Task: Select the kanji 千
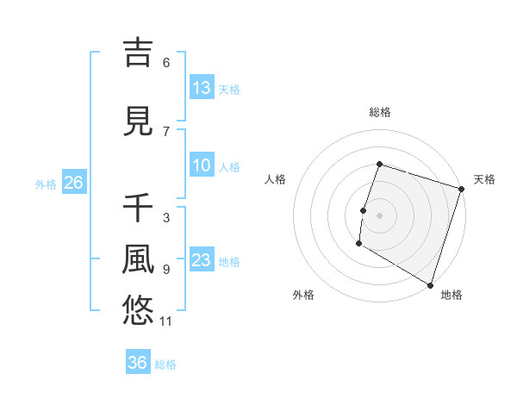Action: (138, 208)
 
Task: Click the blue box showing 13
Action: (202, 88)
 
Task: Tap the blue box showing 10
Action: (202, 166)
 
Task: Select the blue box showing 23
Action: (202, 261)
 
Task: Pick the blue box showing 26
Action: (73, 183)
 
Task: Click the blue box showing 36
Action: (138, 363)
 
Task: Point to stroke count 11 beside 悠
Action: (166, 322)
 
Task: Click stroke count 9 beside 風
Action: (166, 270)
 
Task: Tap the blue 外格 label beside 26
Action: (46, 184)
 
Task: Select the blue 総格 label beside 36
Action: (165, 364)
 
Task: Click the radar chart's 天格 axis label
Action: (484, 179)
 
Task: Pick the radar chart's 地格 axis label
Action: (452, 295)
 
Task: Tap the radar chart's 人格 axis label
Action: (276, 179)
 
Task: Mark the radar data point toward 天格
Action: (461, 189)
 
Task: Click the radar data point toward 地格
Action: (429, 284)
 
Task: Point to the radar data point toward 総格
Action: (379, 165)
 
